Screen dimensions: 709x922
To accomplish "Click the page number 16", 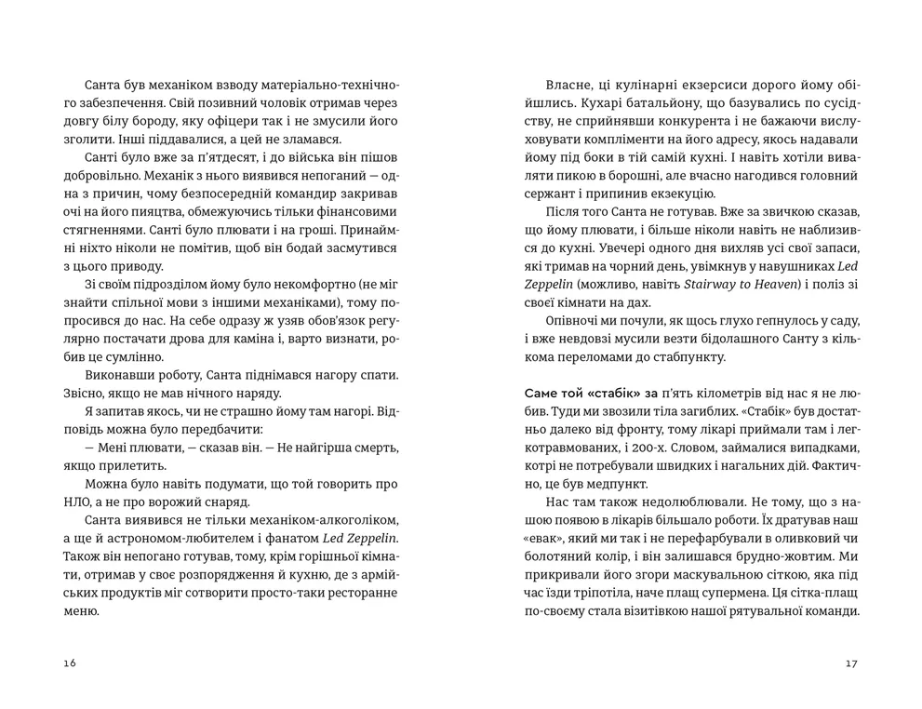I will (x=71, y=663).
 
